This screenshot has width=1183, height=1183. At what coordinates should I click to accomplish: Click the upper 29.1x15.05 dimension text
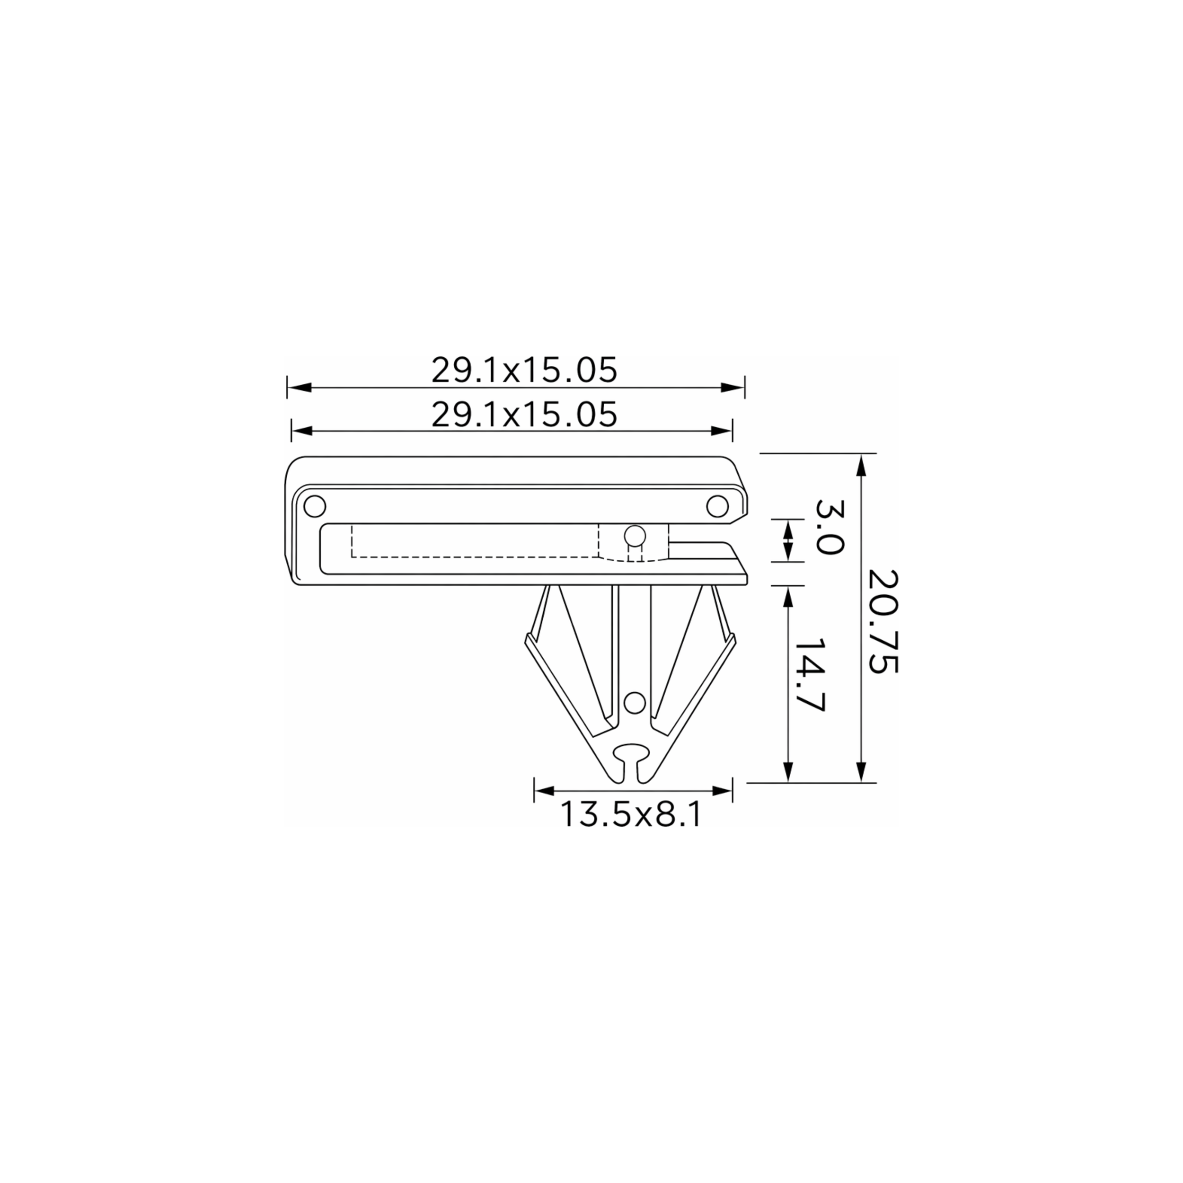click(x=524, y=371)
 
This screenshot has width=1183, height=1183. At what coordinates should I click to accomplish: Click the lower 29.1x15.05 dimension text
click(x=524, y=415)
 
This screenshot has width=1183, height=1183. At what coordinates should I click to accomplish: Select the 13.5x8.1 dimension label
click(x=631, y=814)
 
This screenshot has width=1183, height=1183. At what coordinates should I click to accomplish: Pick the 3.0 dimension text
click(x=830, y=527)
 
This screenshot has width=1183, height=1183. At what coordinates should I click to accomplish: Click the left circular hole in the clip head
click(x=315, y=506)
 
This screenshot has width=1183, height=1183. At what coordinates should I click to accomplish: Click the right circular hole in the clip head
click(x=718, y=506)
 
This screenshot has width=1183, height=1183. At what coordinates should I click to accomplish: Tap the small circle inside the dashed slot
click(x=635, y=537)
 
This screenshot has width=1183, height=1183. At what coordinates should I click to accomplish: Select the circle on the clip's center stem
click(x=635, y=701)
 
